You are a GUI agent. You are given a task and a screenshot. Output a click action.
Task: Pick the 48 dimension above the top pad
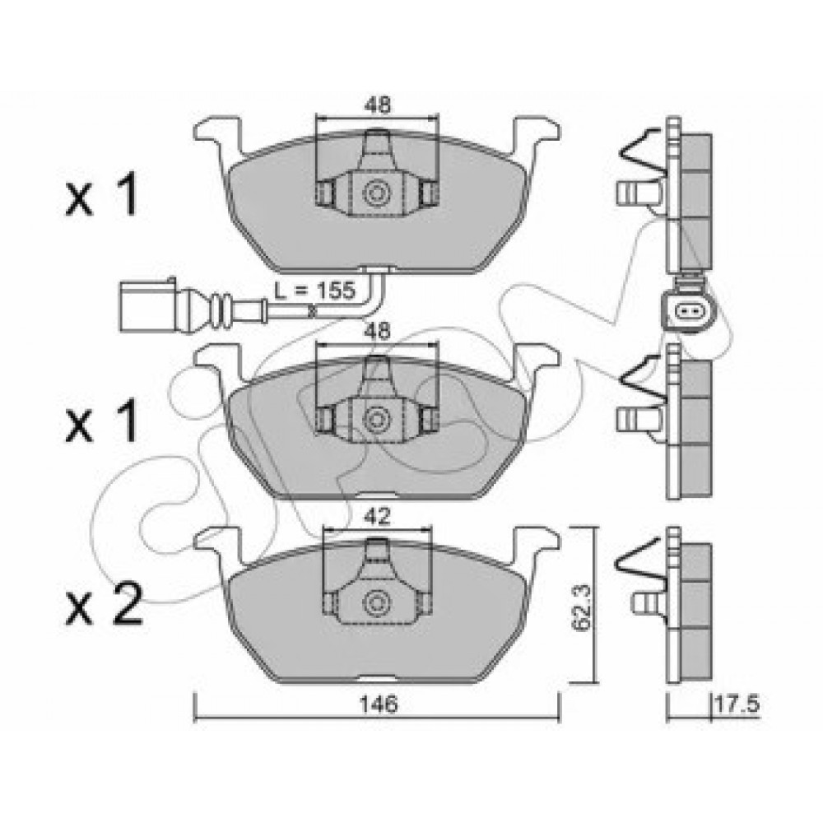pos(378,105)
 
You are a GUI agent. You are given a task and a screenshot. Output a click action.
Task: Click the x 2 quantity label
pos(103,607)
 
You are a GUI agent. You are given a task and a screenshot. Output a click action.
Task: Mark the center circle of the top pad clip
pos(378,194)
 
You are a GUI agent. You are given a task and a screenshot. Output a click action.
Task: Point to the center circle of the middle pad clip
pos(378,419)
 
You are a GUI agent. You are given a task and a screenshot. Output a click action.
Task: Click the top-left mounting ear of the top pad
pos(216,132)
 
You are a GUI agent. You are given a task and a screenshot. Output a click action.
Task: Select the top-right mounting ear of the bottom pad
pos(536,542)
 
